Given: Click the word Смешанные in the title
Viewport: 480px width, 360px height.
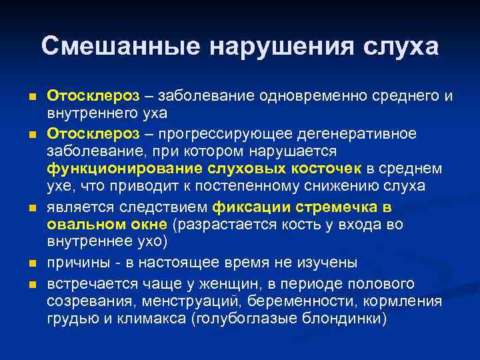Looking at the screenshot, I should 119,47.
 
